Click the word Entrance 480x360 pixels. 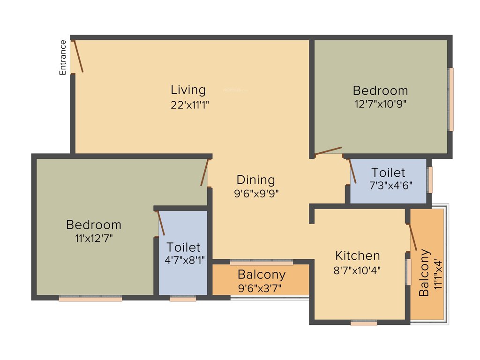coord(62,58)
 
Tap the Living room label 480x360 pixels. coord(188,90)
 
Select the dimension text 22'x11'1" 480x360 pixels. coord(189,105)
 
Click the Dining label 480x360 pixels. coord(255,180)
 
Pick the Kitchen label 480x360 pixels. coord(357,255)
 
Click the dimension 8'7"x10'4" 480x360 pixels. coord(358,270)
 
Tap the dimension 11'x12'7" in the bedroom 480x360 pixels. coord(93,238)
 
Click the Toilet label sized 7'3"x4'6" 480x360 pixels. coord(388,172)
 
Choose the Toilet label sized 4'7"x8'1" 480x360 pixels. coord(183,247)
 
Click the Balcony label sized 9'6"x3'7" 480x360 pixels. coord(261,274)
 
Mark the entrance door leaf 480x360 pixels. coord(78,56)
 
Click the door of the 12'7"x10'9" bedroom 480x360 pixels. coord(328,151)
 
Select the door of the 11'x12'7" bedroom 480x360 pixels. coord(204,172)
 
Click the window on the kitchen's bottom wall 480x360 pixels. coord(363,323)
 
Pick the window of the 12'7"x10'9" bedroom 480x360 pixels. coord(451,99)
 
